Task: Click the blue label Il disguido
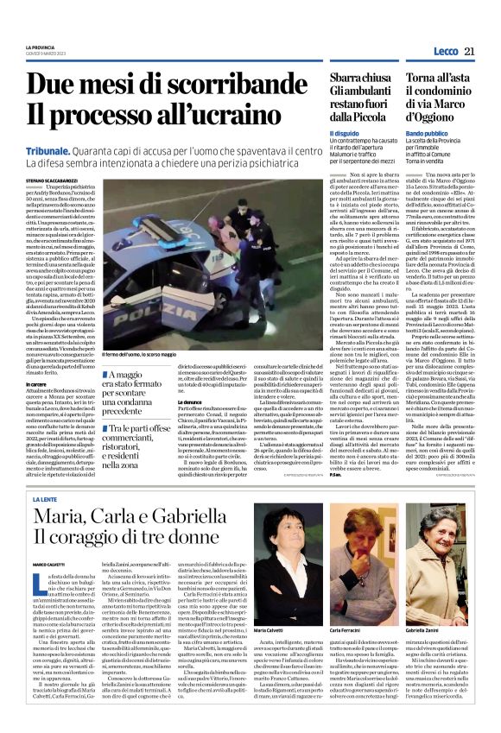[344, 133]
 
